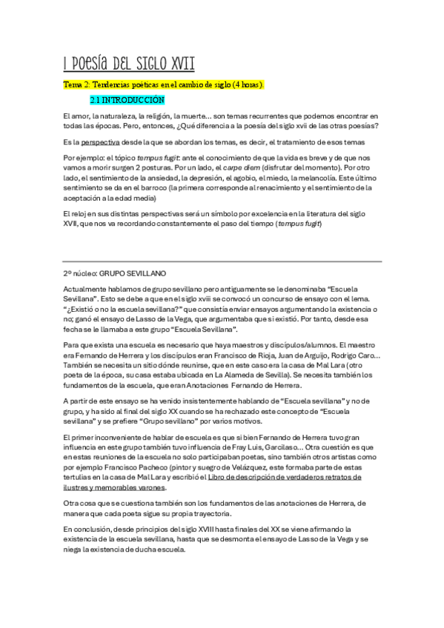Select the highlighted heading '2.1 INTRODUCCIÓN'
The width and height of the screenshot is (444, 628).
click(x=127, y=99)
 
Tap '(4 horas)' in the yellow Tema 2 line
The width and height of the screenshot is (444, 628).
click(x=242, y=85)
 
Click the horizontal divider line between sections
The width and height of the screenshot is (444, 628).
click(x=222, y=261)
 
